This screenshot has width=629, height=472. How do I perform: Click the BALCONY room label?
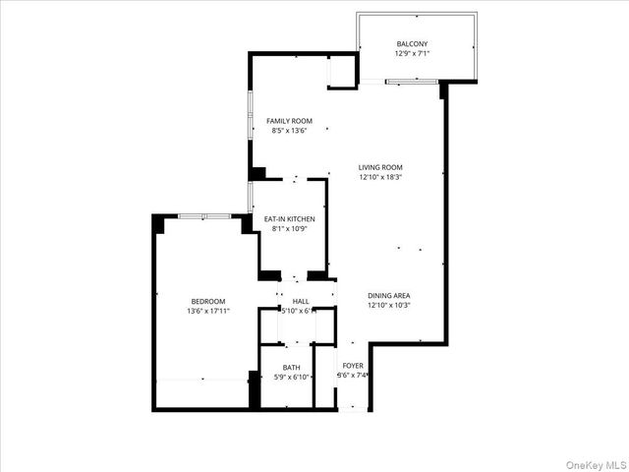coord(411,44)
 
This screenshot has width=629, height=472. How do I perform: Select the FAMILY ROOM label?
coord(289,121)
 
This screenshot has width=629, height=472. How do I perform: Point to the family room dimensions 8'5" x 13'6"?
coord(289,131)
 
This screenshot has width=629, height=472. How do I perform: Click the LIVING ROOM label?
coord(380,167)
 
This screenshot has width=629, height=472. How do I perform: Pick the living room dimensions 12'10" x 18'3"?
coord(380,177)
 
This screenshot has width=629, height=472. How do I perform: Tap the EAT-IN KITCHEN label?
coord(289,218)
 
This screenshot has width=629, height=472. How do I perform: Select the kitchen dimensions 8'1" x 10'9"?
coord(289,228)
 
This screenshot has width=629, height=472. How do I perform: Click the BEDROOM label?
coord(208,301)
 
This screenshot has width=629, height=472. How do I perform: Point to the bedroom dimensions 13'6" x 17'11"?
coord(208,311)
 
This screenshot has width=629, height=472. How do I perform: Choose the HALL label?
coord(300,301)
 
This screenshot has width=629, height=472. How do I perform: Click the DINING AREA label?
coord(388,295)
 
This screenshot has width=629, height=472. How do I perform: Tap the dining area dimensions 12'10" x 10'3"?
coord(388,305)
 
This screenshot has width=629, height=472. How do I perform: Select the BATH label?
coord(292,367)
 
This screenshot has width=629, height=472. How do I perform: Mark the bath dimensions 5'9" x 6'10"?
coord(292,377)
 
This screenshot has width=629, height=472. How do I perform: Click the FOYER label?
coord(352,365)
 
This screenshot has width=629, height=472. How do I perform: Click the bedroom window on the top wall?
coord(204,215)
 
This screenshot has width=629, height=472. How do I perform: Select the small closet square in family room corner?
coord(341,73)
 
